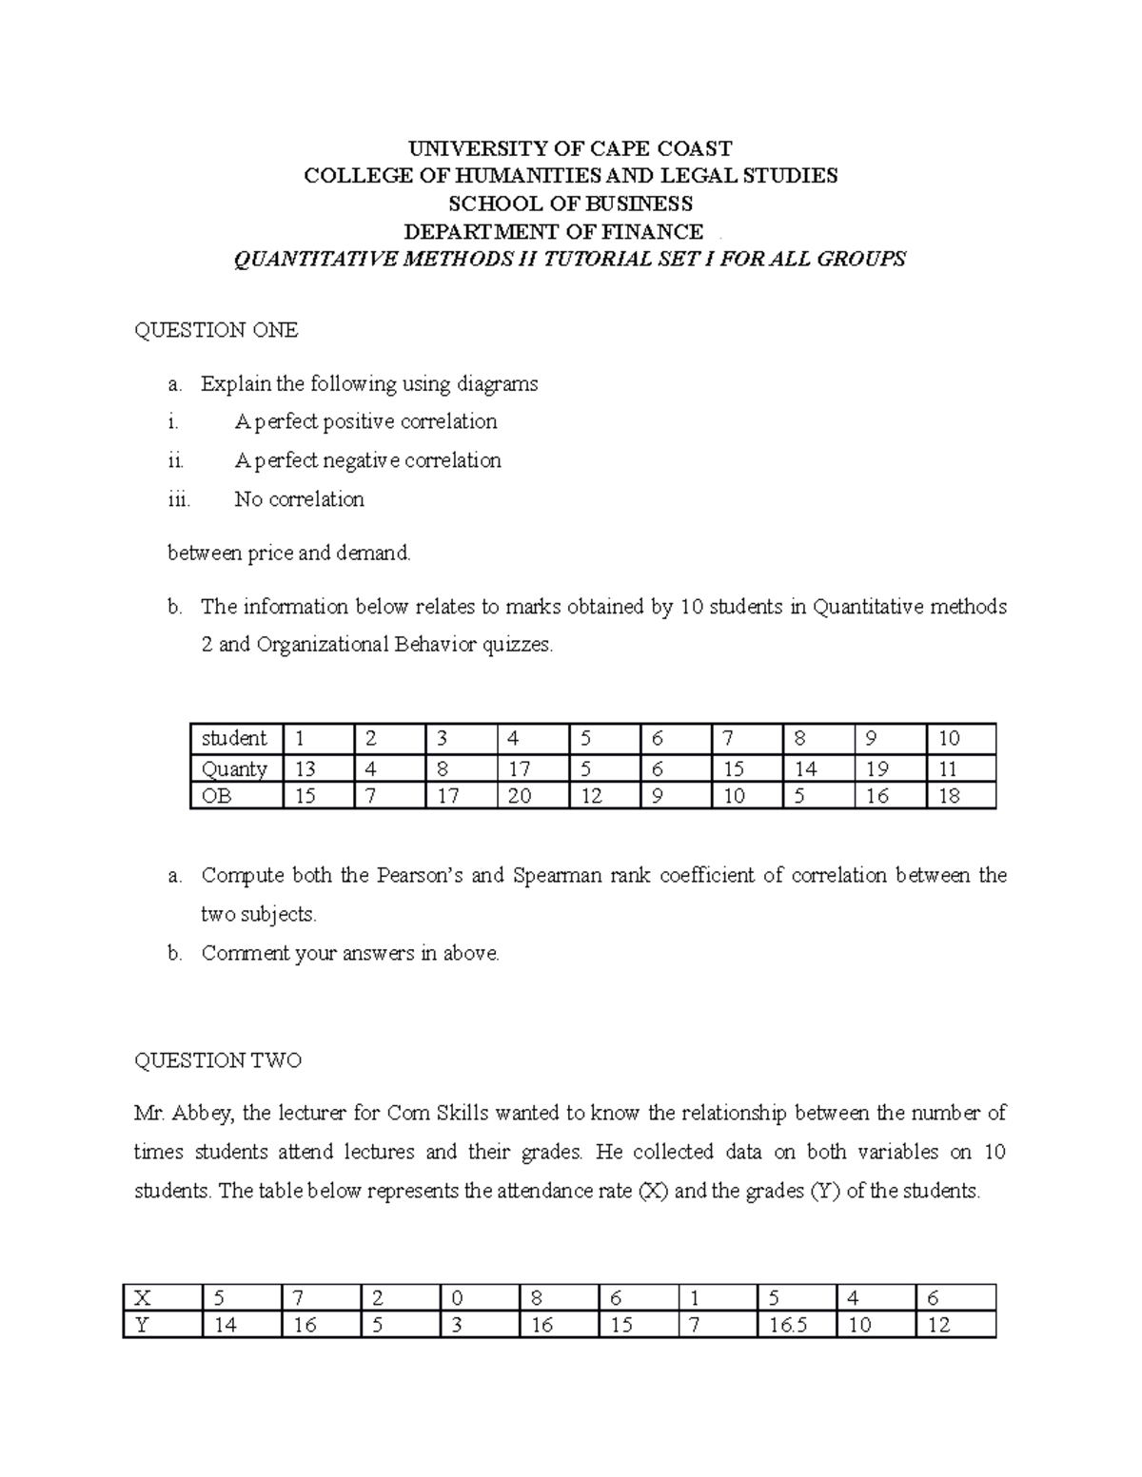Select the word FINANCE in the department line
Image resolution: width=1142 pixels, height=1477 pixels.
click(x=656, y=232)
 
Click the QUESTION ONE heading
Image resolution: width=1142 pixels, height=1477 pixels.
click(x=216, y=330)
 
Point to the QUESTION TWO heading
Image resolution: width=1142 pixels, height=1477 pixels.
click(x=218, y=1060)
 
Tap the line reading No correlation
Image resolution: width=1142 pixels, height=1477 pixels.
click(x=299, y=499)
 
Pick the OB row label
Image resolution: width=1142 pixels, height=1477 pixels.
click(x=217, y=796)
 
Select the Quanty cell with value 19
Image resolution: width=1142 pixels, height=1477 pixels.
click(x=876, y=768)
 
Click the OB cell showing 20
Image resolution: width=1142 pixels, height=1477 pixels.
click(x=519, y=796)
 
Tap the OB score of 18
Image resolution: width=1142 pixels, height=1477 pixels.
click(x=949, y=796)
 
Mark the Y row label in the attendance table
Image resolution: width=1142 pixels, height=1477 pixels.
click(x=143, y=1325)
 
